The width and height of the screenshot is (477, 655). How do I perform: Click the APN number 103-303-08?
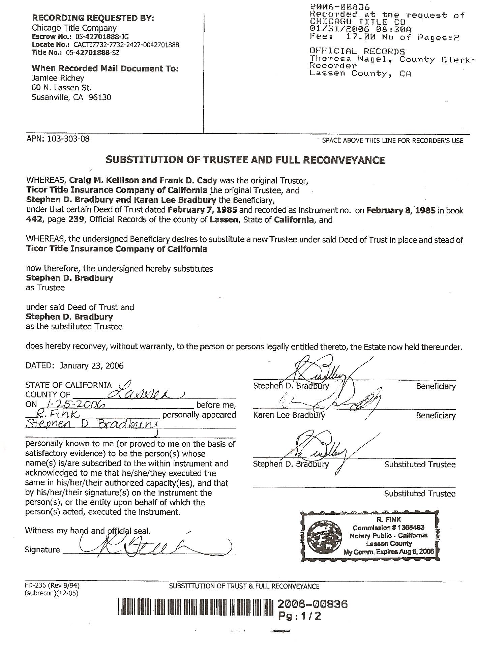(69, 139)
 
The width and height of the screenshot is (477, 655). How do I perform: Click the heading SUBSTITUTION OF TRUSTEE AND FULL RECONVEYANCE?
(245, 160)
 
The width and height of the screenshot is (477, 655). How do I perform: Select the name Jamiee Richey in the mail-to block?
(58, 78)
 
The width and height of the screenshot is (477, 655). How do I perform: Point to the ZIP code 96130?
(100, 98)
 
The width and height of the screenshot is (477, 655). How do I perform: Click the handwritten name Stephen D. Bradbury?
(92, 424)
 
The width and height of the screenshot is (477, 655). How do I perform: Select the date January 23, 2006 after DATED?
(91, 366)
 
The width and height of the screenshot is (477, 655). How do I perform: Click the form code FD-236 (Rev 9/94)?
(52, 586)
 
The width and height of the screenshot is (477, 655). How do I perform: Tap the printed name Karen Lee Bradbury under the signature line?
(289, 415)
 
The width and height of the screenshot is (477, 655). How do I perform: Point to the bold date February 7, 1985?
(202, 210)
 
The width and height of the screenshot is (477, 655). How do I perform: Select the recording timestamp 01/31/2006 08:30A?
(360, 30)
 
